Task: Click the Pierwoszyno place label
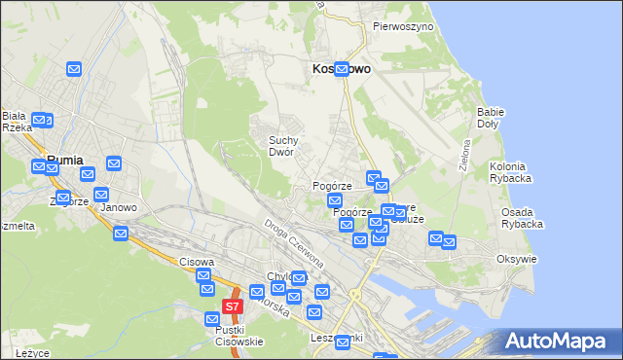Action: [402, 27]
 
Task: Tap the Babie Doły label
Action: [490, 118]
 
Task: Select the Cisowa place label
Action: [196, 262]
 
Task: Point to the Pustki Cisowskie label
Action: [239, 336]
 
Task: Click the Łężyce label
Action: [32, 352]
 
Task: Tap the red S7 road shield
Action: [232, 306]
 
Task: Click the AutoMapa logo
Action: [559, 342]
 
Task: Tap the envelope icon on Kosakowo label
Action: [342, 69]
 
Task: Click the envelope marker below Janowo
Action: [121, 234]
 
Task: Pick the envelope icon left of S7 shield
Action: [212, 318]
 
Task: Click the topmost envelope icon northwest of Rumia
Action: [74, 69]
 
